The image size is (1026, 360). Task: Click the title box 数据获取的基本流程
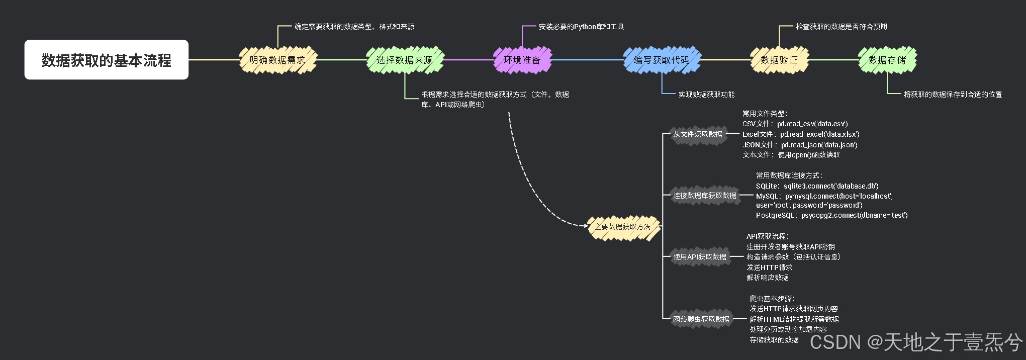[x=106, y=60]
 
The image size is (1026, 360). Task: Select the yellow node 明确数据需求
[x=277, y=60]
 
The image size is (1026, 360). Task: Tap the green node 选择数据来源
[x=405, y=60]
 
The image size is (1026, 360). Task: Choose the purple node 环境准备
[x=522, y=60]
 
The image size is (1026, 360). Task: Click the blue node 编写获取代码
[x=662, y=60]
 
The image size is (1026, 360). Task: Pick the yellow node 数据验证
[x=779, y=60]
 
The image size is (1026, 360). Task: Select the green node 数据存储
[x=887, y=60]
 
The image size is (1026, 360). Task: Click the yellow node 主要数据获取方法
[x=622, y=227]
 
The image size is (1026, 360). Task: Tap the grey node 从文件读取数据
[x=698, y=134]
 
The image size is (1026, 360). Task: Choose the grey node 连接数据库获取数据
[x=705, y=196]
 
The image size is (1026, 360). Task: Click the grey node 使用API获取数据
[x=700, y=257]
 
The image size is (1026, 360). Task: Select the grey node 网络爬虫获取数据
[x=701, y=319]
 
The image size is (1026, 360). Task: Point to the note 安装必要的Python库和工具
[x=581, y=27]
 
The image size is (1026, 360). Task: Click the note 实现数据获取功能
[x=706, y=95]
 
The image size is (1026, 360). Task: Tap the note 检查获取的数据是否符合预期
[x=841, y=27]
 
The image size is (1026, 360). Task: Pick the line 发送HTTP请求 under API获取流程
[x=769, y=267]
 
